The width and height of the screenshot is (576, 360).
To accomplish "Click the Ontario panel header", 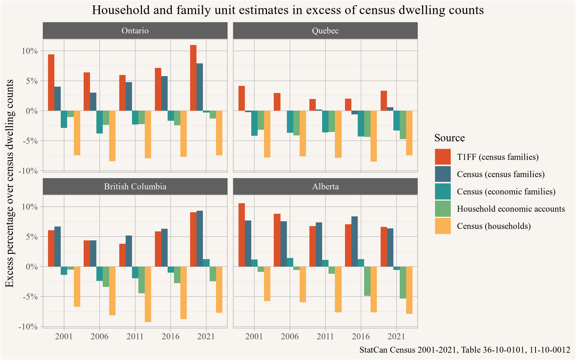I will [x=135, y=31].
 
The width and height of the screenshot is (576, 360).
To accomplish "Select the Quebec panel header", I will [x=325, y=31].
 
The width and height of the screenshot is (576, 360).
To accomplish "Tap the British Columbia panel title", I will [x=135, y=187].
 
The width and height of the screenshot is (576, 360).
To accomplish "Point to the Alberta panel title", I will [x=325, y=187].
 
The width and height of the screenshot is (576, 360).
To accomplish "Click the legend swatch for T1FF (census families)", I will [x=442, y=157].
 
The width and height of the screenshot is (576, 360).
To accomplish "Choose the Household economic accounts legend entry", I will [x=511, y=209].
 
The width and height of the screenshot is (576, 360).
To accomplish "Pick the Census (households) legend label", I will [x=493, y=226].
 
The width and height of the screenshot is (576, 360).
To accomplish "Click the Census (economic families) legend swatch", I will [x=442, y=192].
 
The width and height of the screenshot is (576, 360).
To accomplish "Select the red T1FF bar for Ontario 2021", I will [x=193, y=78].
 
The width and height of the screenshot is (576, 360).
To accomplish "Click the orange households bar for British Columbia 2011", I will [x=148, y=294].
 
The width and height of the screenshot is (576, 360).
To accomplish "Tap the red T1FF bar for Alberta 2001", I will [x=241, y=235].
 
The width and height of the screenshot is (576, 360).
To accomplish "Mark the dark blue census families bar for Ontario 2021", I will [x=199, y=87].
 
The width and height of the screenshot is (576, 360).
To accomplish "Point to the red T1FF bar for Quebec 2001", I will [x=241, y=98].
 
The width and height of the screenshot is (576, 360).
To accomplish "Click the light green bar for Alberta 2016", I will [x=367, y=281].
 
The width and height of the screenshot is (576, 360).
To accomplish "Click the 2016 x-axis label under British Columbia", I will [x=171, y=336].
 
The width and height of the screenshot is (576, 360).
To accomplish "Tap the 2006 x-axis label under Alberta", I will [x=289, y=336].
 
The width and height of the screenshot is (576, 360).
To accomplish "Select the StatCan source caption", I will [x=464, y=350].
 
